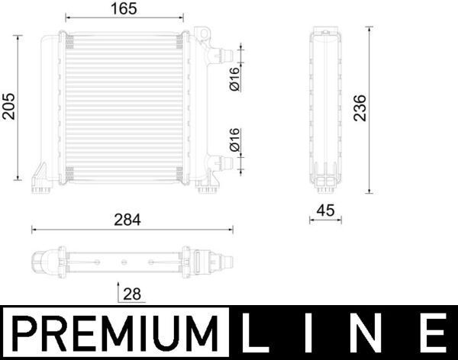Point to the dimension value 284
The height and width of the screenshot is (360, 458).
click(x=127, y=220)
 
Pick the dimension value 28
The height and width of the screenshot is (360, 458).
click(x=132, y=293)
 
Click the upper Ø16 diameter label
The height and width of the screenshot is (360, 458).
click(x=234, y=79)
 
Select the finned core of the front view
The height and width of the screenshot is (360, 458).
click(x=124, y=107)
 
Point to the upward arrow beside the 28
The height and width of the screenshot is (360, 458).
click(x=118, y=293)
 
